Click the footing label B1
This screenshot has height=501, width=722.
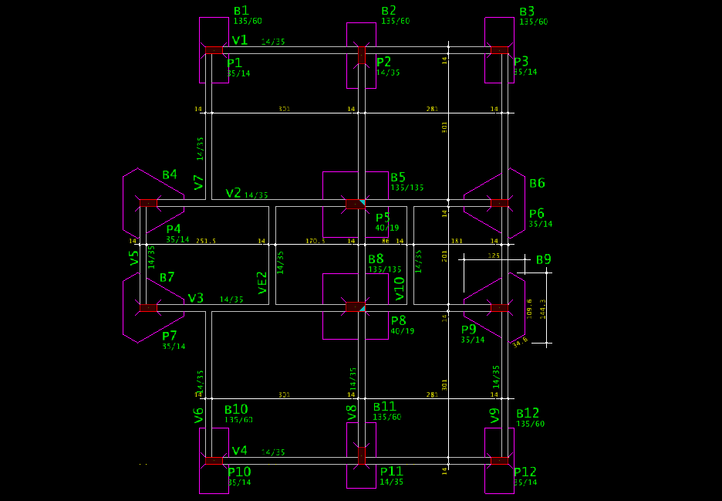(x=241, y=11)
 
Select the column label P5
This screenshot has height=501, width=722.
(x=383, y=217)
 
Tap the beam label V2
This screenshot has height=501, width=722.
(x=233, y=192)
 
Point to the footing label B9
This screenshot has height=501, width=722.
(x=544, y=259)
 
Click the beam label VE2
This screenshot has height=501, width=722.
(x=262, y=283)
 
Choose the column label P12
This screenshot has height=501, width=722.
(x=525, y=472)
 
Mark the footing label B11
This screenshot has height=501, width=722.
(x=384, y=406)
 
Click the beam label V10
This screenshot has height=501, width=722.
(x=399, y=287)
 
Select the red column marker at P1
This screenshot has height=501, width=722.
(x=214, y=50)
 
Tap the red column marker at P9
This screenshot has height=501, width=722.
(x=500, y=308)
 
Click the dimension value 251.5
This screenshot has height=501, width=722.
(x=206, y=242)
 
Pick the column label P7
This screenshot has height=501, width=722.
(x=170, y=336)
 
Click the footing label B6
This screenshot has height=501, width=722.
(x=537, y=183)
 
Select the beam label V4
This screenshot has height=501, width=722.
(x=239, y=450)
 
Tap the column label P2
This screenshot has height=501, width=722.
(x=383, y=62)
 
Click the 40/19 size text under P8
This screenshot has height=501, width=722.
(x=403, y=331)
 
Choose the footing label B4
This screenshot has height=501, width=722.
(x=169, y=175)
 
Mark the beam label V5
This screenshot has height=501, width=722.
(x=135, y=258)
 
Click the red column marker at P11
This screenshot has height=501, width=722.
(x=361, y=455)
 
